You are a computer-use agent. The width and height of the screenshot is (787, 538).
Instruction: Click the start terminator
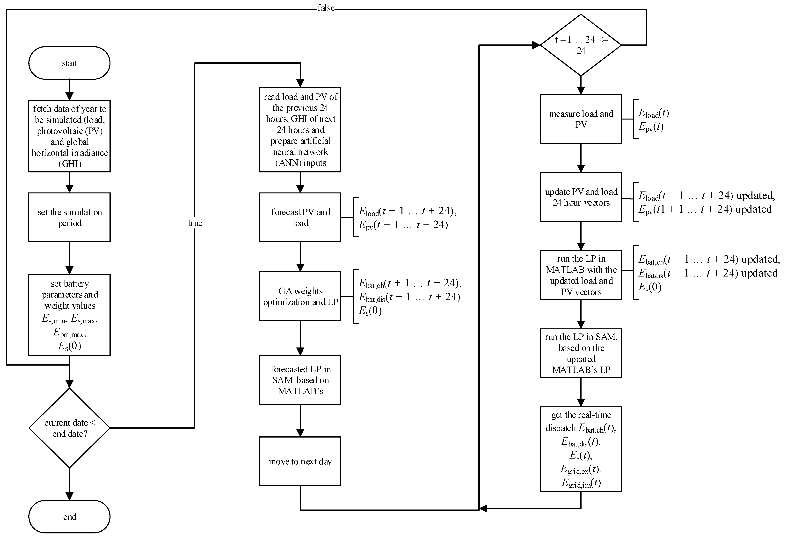pyautogui.click(x=69, y=63)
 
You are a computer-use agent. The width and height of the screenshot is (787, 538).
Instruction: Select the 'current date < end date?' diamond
pyautogui.click(x=69, y=428)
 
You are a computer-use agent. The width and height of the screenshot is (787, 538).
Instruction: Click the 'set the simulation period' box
pyautogui.click(x=69, y=217)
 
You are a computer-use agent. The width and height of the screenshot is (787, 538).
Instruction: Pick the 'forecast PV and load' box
pyautogui.click(x=300, y=217)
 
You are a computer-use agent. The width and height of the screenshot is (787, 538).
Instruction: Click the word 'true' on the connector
pyautogui.click(x=195, y=223)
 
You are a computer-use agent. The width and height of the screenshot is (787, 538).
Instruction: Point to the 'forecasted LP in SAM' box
pyautogui.click(x=300, y=380)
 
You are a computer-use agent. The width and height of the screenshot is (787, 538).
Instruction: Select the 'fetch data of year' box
pyautogui.click(x=69, y=136)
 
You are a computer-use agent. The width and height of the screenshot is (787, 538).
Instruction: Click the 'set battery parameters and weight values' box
pyautogui.click(x=69, y=315)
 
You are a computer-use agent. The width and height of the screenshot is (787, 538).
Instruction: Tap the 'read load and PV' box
pyautogui.click(x=300, y=130)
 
